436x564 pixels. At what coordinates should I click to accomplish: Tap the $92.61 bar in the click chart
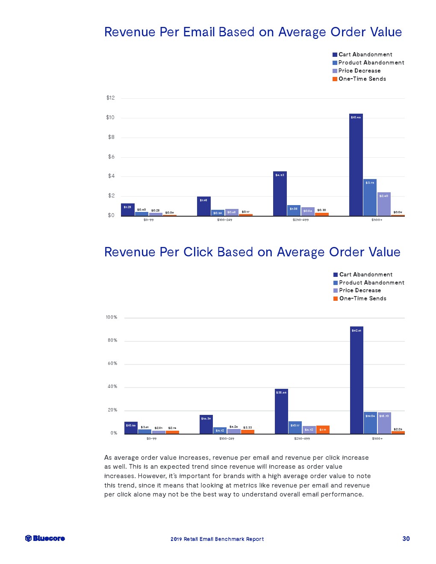(x=356, y=380)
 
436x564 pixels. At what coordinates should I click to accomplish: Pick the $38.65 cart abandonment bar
(x=281, y=411)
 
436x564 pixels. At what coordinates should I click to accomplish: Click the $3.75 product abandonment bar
(x=370, y=197)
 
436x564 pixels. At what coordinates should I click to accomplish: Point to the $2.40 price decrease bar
(x=384, y=204)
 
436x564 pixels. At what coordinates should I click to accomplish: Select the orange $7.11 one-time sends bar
(x=323, y=429)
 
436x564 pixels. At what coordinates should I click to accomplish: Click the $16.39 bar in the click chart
(x=206, y=424)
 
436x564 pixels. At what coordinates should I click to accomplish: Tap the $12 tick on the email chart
(x=110, y=98)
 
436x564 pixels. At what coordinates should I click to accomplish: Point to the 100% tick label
(x=111, y=317)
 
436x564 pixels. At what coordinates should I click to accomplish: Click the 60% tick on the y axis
(x=112, y=364)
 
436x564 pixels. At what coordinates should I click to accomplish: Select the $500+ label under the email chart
(x=377, y=220)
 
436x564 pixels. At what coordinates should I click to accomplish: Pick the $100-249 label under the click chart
(x=227, y=439)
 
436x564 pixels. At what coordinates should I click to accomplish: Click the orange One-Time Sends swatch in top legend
(x=335, y=79)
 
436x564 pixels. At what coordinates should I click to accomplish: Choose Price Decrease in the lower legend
(x=360, y=291)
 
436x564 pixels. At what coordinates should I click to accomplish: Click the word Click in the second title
(x=198, y=252)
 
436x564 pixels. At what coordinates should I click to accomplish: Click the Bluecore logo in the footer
(x=45, y=538)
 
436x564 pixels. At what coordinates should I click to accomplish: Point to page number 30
(x=406, y=539)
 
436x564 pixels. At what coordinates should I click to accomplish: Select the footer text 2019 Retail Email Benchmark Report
(x=217, y=539)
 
